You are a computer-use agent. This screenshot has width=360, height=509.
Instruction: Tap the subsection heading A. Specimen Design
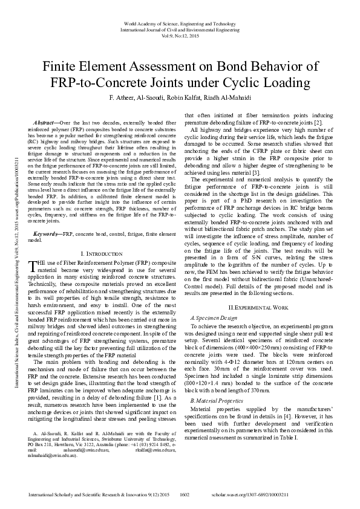pyautogui.click(x=211, y=317)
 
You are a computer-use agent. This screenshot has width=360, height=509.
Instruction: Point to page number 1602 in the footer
pyautogui.click(x=186, y=495)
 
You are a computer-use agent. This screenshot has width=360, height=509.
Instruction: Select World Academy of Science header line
pyautogui.click(x=180, y=22)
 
